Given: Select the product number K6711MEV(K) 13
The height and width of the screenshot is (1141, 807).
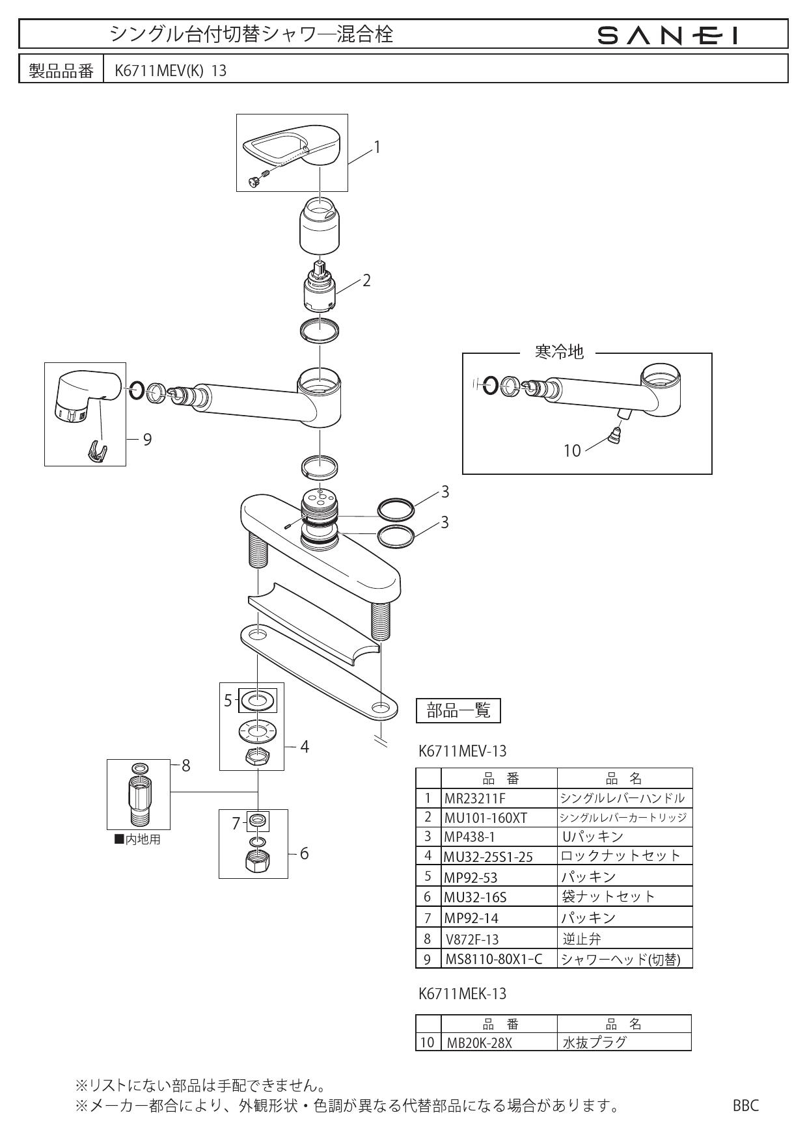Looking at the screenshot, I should click(x=171, y=70).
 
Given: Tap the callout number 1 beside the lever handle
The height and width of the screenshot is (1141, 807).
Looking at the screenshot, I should click(x=376, y=147).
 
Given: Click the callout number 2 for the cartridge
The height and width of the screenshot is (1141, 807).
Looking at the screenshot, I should click(x=366, y=280).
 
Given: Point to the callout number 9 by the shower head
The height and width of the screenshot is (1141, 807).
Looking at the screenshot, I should click(x=147, y=440).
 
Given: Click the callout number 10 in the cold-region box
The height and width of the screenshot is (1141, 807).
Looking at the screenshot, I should click(x=572, y=450).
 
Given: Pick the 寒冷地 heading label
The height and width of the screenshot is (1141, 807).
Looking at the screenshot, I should click(x=559, y=353).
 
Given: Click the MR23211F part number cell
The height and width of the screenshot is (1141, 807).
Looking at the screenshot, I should click(x=474, y=798).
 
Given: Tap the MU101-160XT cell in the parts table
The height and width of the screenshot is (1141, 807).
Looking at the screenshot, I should click(x=486, y=818).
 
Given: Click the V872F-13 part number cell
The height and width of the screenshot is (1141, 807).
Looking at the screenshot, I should click(x=473, y=939).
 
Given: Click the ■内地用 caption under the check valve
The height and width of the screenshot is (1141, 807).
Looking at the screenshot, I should click(x=137, y=840).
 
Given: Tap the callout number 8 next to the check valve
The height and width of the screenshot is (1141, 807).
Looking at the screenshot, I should click(x=185, y=766).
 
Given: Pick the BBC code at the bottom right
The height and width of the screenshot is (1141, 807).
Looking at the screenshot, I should click(x=746, y=1105).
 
